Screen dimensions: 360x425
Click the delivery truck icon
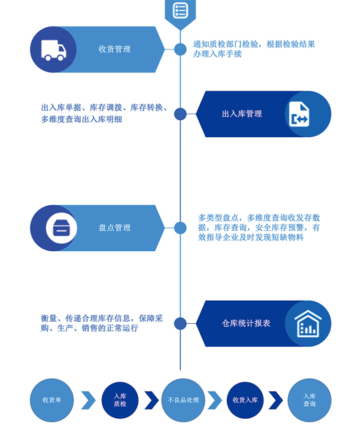click(x=54, y=50)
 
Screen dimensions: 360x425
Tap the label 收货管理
click(x=114, y=50)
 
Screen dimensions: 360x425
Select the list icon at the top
click(x=180, y=10)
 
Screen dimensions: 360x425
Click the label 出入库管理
click(x=242, y=114)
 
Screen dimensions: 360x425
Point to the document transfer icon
click(x=299, y=114)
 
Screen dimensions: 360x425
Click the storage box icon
click(x=61, y=228)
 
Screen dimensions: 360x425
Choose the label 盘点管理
click(x=114, y=227)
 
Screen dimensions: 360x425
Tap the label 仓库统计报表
click(x=246, y=323)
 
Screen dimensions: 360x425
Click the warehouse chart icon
click(x=308, y=324)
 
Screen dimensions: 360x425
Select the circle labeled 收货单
click(x=52, y=400)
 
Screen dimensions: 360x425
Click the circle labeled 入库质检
click(x=120, y=400)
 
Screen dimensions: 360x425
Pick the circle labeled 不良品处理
click(x=183, y=400)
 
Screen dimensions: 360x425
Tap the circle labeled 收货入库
click(x=245, y=400)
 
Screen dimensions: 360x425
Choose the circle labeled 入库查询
click(x=309, y=400)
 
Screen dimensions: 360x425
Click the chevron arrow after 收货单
click(x=89, y=400)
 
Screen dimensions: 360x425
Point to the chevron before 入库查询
click(x=276, y=400)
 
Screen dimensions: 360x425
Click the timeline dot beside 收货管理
click(x=180, y=50)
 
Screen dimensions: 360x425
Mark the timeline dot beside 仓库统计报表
click(x=180, y=323)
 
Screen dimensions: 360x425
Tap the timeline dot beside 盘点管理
click(x=180, y=227)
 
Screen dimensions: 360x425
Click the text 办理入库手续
click(x=217, y=54)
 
